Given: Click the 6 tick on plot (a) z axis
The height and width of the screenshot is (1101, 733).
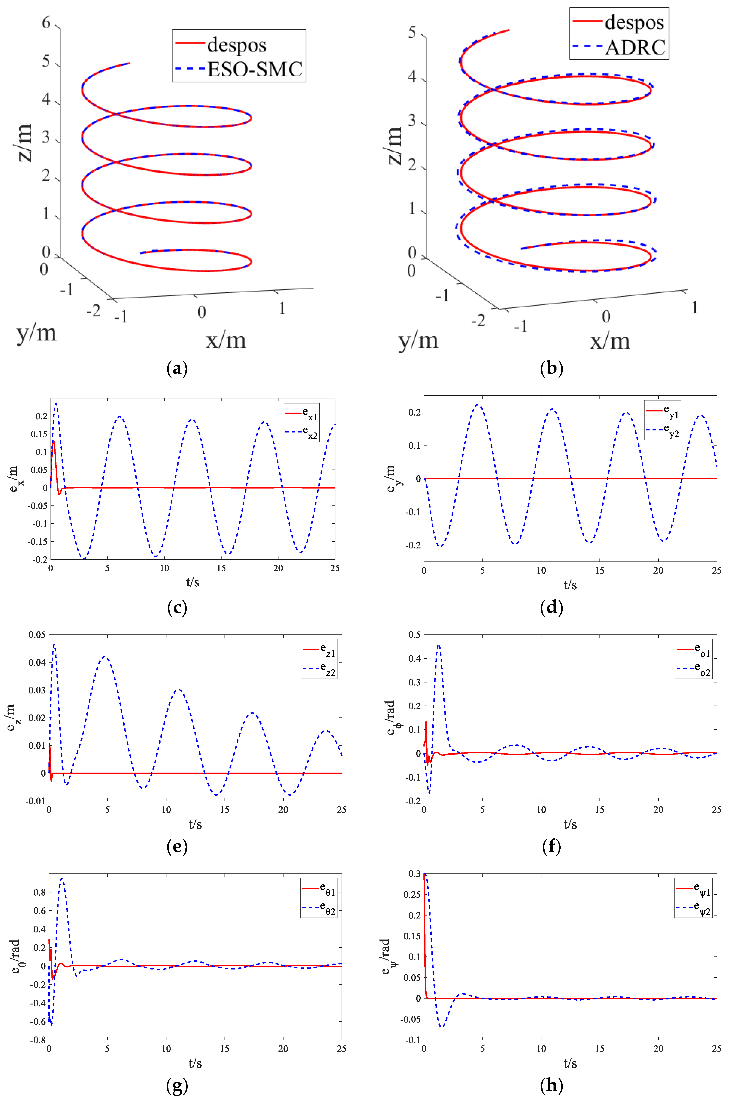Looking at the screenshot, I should pyautogui.click(x=46, y=22).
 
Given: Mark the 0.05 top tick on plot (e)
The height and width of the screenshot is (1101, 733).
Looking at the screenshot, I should pyautogui.click(x=37, y=635).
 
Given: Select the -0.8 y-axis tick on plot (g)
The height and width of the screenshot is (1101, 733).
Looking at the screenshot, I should pyautogui.click(x=38, y=1040).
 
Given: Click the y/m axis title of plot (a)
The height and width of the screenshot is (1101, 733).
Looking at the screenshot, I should pyautogui.click(x=36, y=333).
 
